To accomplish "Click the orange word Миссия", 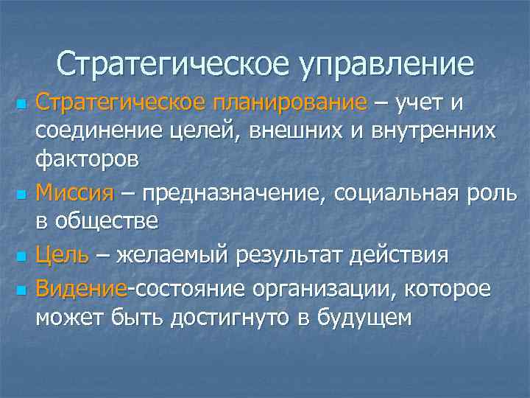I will pyautogui.click(x=74, y=195).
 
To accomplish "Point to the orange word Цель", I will pyautogui.click(x=63, y=256).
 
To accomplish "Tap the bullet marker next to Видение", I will pyautogui.click(x=21, y=288).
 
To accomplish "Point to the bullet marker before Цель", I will pyautogui.click(x=21, y=257).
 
